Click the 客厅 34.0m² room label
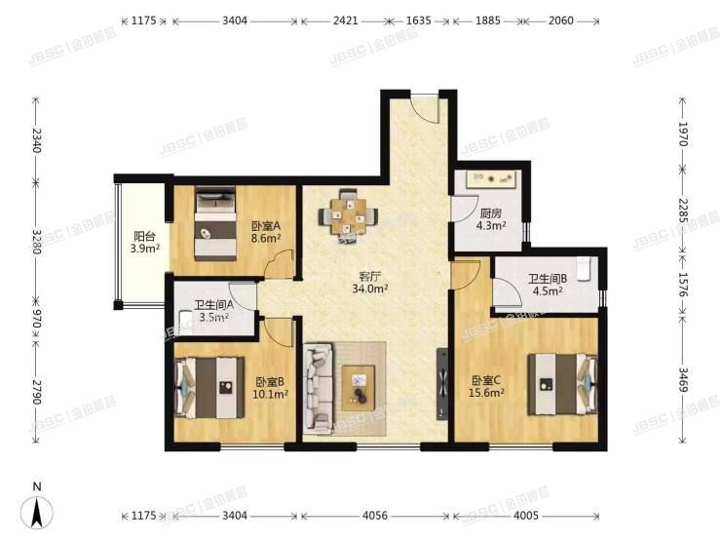[x=370, y=282]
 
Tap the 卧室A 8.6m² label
[x=265, y=229]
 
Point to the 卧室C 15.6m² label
[x=487, y=386]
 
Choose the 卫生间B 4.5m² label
[x=546, y=284]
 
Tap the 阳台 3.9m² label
[x=143, y=241]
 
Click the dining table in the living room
[x=347, y=213]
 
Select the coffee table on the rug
[x=360, y=385]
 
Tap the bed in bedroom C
[x=563, y=383]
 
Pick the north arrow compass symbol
[x=37, y=509]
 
